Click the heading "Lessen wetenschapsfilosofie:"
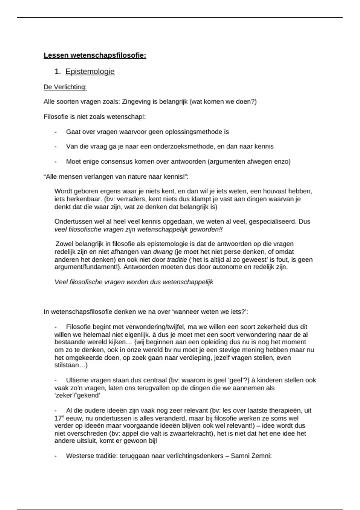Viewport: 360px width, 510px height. (x=95, y=55)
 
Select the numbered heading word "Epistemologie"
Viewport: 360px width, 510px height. (x=90, y=72)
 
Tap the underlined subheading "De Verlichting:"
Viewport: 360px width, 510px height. (x=65, y=87)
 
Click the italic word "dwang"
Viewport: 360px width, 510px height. (x=163, y=252)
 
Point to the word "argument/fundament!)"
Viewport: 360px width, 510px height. (x=87, y=267)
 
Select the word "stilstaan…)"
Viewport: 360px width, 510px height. (x=71, y=365)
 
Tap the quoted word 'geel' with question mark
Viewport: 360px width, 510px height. (x=235, y=380)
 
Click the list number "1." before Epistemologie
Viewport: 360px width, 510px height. (x=58, y=72)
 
